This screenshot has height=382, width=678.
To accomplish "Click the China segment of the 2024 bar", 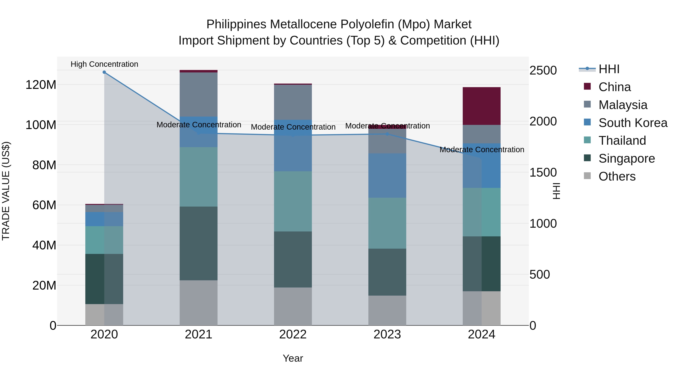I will coord(481,106).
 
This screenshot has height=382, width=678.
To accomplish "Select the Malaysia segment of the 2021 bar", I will coord(199,94).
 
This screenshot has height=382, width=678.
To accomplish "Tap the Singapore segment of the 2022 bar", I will coord(293,259).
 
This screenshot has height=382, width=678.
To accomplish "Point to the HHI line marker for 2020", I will coord(104,72).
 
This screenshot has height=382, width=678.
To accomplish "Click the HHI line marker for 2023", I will coord(387,134).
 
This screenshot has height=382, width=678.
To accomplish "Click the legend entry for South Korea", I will coord(633,123).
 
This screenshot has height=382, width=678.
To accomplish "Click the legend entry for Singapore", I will coord(626,158).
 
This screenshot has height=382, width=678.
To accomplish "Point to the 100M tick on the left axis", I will coord(41,125).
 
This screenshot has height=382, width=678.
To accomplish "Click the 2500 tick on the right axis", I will coord(543,71).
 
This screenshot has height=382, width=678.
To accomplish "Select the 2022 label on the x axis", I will coord(293,334).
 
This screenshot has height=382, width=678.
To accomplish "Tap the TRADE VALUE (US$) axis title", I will coord(6,191).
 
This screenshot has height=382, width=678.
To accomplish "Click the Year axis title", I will coord(293,358).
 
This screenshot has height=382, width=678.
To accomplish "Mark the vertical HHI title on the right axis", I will coord(556,191).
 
